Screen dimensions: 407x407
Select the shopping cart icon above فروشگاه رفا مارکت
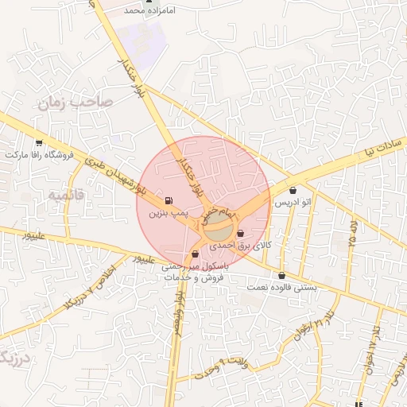(x=40, y=142)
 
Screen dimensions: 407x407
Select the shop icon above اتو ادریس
(x=295, y=191)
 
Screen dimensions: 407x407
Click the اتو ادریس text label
(x=293, y=203)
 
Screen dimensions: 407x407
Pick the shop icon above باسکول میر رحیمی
(x=196, y=254)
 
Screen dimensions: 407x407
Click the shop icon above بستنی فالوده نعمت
(x=281, y=276)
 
